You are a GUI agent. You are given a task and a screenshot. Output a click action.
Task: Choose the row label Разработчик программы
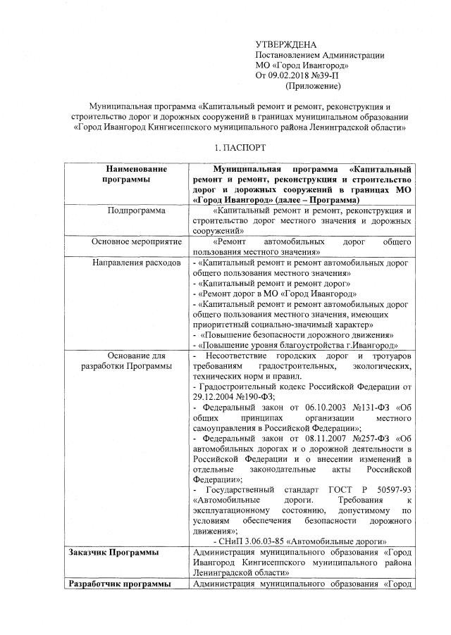[118, 584]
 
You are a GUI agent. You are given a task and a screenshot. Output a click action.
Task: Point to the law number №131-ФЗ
[366, 408]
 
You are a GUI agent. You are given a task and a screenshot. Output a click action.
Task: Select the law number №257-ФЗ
[366, 439]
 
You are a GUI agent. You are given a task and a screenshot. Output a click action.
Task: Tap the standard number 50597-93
[390, 490]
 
